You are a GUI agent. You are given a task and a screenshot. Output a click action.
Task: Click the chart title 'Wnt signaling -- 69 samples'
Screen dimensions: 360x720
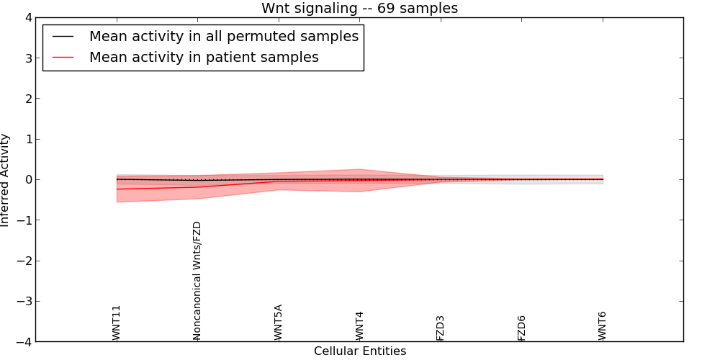(x=359, y=9)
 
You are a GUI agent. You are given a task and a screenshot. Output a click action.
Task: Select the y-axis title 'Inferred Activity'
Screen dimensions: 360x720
(x=6, y=180)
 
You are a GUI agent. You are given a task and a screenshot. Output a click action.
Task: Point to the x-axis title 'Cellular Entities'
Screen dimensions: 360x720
(x=359, y=351)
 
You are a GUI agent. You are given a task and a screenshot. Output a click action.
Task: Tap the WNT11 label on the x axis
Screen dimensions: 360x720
(x=117, y=323)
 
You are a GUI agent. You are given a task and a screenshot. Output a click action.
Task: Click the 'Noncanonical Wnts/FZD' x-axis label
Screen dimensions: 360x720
(x=197, y=281)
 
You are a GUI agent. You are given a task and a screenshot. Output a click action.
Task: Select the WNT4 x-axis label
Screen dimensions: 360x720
(x=359, y=325)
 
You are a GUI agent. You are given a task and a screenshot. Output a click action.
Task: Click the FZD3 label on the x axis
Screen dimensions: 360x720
(x=441, y=327)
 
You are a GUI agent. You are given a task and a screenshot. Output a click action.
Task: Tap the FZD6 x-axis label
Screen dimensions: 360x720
(x=522, y=327)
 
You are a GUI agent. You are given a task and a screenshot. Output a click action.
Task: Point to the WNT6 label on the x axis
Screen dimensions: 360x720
(x=603, y=325)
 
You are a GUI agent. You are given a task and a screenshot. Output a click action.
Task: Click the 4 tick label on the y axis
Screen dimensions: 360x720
(x=27, y=17)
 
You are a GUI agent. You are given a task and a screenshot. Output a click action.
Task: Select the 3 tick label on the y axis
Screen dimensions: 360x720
(x=27, y=58)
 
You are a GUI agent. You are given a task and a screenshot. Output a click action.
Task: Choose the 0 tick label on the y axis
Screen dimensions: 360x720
(x=27, y=179)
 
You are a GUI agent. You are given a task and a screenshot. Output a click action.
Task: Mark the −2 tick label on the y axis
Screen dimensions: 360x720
(x=24, y=261)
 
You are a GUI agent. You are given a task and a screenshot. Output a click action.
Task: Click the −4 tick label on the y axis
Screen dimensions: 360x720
(x=24, y=341)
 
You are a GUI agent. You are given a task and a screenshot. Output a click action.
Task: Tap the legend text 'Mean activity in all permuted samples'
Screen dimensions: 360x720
(x=223, y=37)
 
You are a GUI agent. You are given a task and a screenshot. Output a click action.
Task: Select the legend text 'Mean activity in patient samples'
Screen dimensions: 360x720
(x=204, y=58)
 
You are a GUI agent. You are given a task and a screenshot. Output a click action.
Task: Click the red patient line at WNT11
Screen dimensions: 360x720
(x=117, y=189)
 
